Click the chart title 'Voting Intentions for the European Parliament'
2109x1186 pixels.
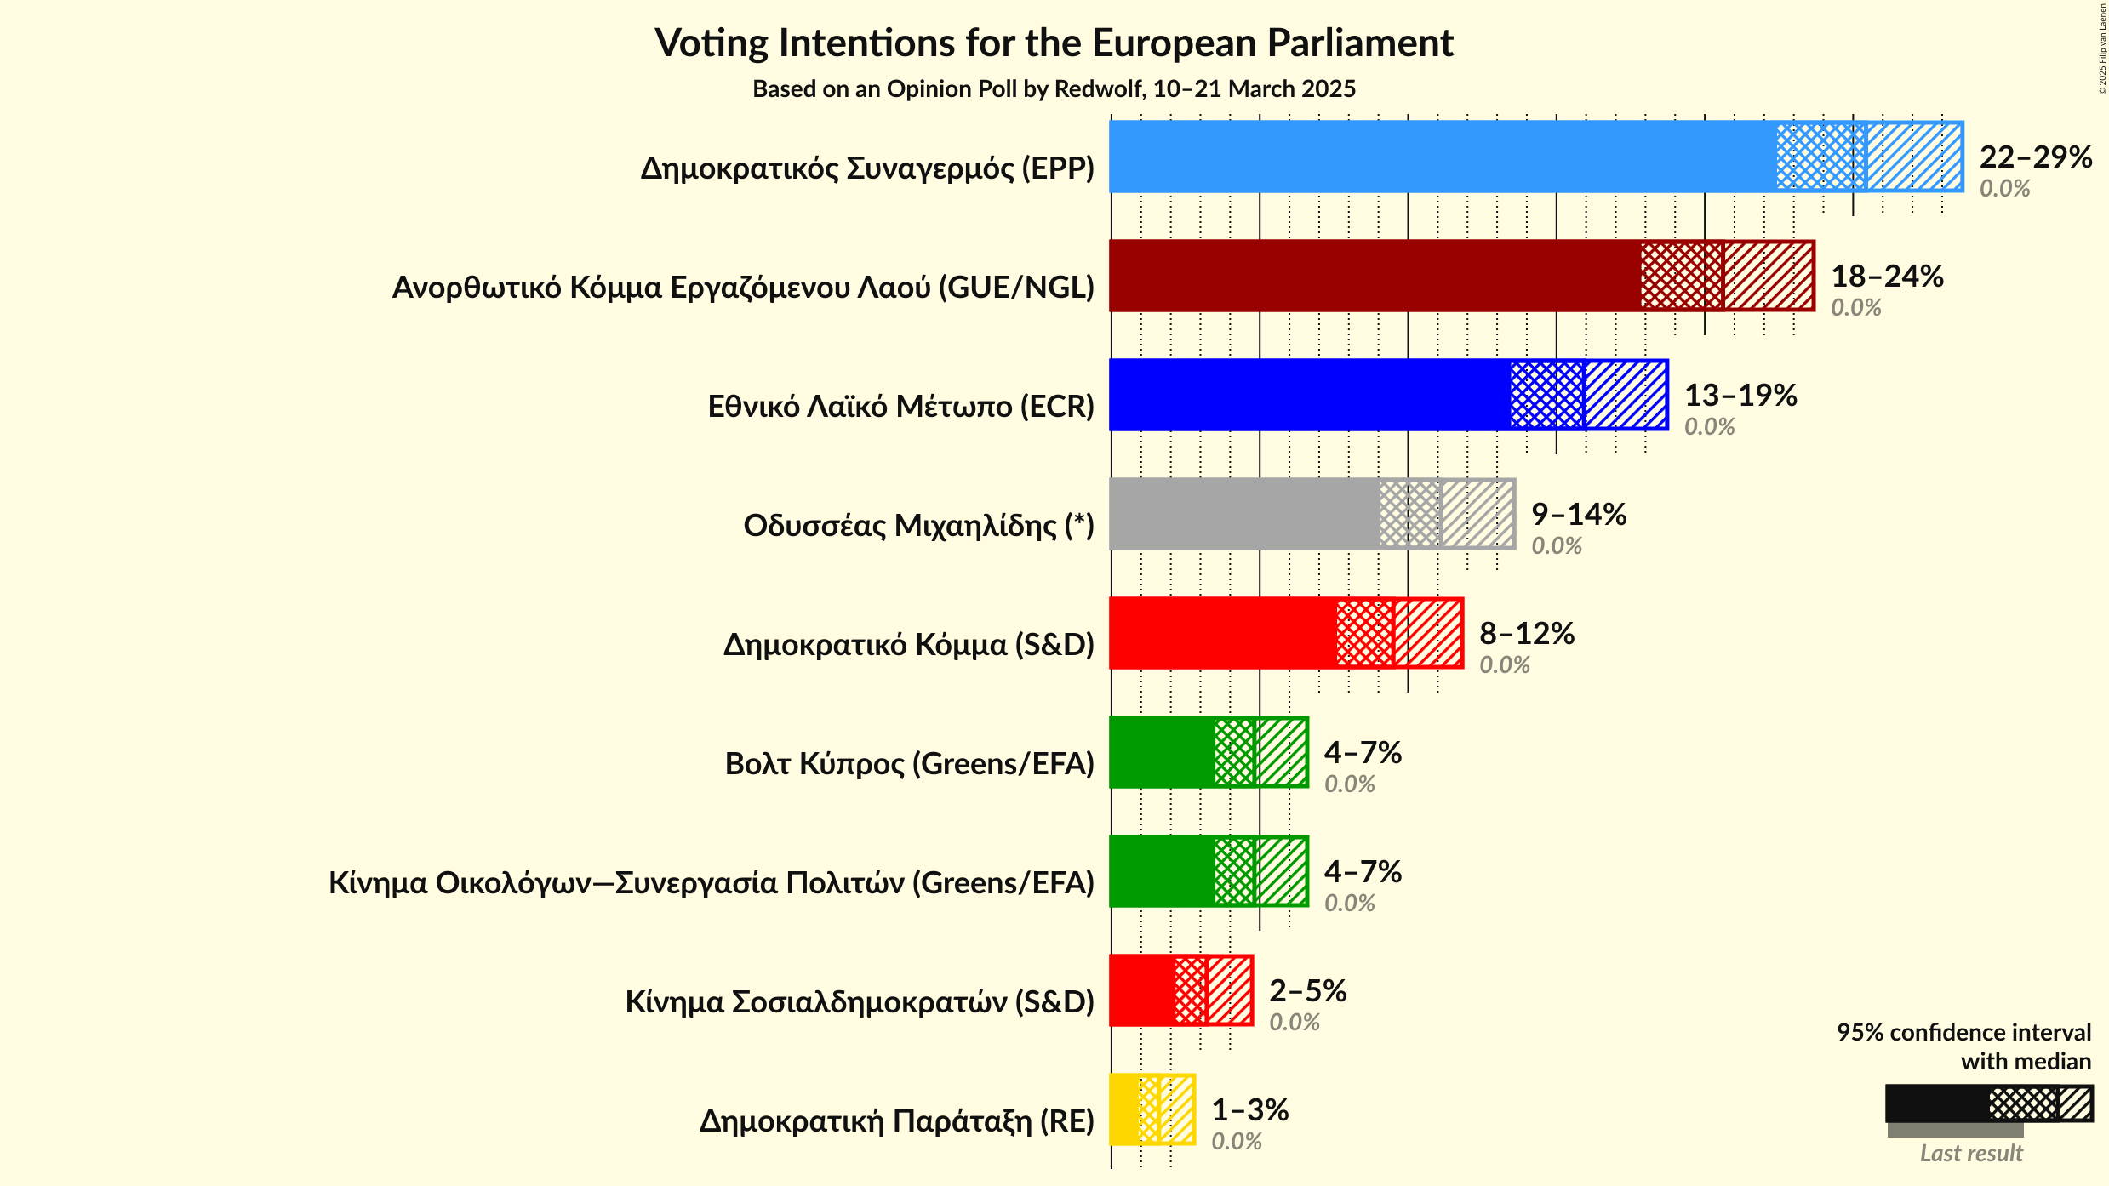(1054, 43)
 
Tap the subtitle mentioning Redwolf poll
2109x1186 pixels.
(1054, 89)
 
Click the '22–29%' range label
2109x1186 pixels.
(2035, 157)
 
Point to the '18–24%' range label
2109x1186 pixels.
(1887, 277)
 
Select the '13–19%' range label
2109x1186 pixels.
(1740, 396)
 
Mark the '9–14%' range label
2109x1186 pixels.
(1579, 515)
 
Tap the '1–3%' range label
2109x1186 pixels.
(1249, 1110)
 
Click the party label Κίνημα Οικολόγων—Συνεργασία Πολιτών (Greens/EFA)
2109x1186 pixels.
(712, 883)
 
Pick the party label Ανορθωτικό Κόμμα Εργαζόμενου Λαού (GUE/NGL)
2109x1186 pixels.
(743, 288)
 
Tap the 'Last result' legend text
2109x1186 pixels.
(1971, 1154)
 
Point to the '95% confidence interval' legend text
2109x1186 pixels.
(1963, 1032)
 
